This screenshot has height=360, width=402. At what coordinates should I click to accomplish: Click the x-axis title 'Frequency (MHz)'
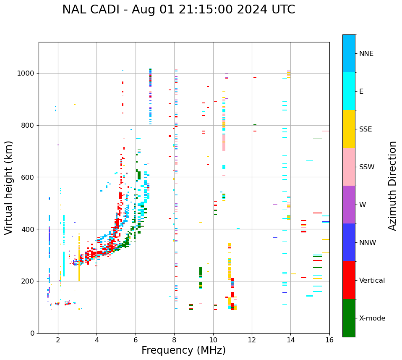(x=183, y=350)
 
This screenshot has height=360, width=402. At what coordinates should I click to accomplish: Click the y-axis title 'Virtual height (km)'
(x=9, y=188)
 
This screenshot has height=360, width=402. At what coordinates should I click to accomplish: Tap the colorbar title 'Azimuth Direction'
(x=392, y=186)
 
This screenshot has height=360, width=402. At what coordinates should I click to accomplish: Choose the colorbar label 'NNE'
(x=366, y=54)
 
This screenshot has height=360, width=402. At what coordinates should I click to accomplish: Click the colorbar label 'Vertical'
(x=372, y=281)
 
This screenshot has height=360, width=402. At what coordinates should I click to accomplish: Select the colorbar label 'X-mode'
(x=372, y=318)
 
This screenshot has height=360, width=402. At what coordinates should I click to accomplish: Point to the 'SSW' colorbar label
(x=367, y=167)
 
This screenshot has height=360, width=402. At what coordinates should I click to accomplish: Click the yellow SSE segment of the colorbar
(x=349, y=129)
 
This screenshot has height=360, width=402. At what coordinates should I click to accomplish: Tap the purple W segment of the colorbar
(x=349, y=205)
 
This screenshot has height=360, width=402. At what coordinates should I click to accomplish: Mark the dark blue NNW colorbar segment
(x=349, y=242)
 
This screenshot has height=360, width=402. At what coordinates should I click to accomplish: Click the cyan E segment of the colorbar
(x=349, y=91)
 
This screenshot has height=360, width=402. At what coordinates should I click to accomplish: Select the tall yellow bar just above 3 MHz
(x=79, y=265)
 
